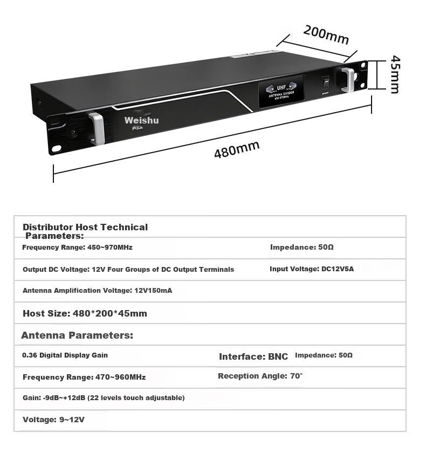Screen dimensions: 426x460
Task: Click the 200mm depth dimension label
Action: (326, 35)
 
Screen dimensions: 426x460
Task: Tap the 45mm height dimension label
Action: (395, 74)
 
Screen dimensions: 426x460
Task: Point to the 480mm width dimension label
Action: (237, 149)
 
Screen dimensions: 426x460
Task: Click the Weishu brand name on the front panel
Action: (141, 120)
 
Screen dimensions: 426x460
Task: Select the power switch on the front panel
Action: (326, 84)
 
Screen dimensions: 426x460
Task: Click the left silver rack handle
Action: (98, 129)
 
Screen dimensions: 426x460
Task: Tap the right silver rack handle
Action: (348, 80)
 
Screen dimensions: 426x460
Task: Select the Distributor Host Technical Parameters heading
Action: (85, 231)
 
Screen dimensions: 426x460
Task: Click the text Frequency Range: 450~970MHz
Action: (77, 248)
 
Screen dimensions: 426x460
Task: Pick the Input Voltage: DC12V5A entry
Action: (312, 269)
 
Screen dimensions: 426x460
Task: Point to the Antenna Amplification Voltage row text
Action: (98, 291)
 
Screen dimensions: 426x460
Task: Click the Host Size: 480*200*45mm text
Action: (85, 313)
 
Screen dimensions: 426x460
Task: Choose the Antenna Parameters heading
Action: (77, 335)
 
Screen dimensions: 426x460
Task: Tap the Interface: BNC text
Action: (253, 356)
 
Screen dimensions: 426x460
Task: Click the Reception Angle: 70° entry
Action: (260, 376)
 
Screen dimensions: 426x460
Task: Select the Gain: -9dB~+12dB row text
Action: (104, 398)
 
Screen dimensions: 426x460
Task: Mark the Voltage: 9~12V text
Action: (53, 420)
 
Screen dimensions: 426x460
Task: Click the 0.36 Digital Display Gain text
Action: (65, 355)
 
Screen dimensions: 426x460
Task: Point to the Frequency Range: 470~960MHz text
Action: (84, 377)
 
